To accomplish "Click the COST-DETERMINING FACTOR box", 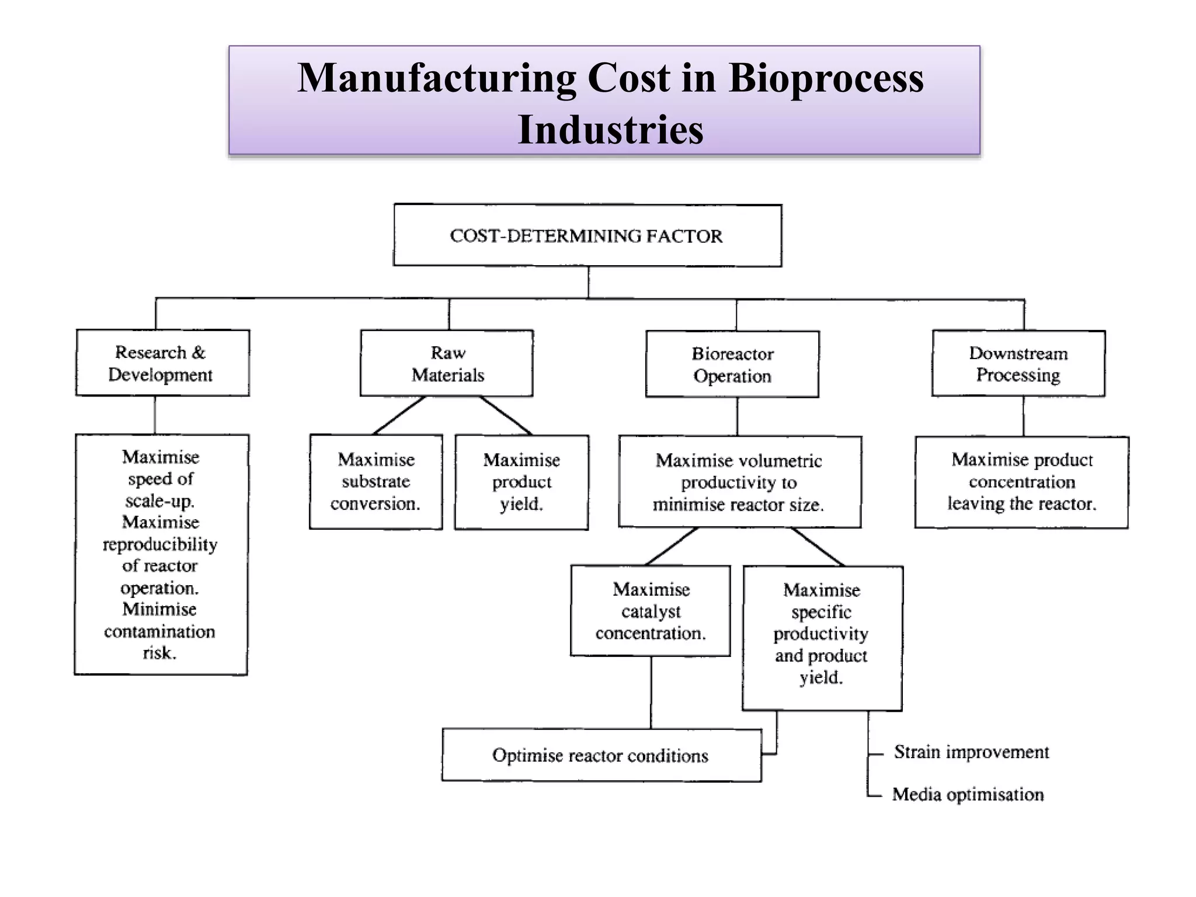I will pos(587,235).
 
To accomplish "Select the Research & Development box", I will pos(162,363).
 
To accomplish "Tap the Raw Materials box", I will pos(447,363).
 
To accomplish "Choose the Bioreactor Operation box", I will pos(732,364).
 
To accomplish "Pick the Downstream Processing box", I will pos(1018,363).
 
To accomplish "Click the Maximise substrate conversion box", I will pos(376,482).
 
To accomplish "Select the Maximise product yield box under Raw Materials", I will pos(521,482).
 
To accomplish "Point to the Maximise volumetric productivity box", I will pos(739,482).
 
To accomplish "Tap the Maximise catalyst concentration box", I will pos(651,611).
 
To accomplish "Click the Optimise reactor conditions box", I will pos(601,755).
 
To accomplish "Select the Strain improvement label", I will pos(971,752).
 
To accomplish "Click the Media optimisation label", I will pos(968,794).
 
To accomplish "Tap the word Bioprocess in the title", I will pos(826,78).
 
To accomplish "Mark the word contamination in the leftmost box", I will pos(159,631).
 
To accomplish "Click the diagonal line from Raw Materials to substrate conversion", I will pos(399,416).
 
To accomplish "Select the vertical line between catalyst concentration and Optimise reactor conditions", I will pos(651,693).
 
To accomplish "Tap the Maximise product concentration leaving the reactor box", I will pos(1021,482).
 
